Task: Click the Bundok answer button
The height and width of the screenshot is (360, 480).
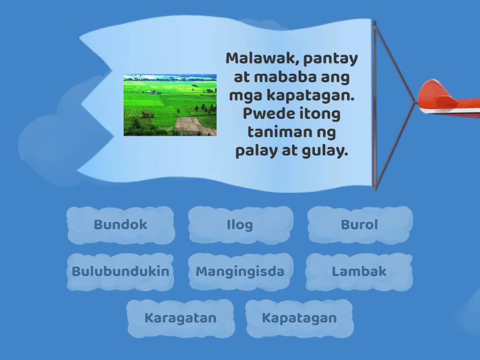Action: (121, 225)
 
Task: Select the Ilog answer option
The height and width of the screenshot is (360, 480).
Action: (241, 225)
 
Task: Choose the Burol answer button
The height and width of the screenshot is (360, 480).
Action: (359, 225)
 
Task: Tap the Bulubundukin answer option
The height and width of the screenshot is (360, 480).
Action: (121, 272)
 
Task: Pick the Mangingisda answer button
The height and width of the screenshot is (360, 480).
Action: (241, 272)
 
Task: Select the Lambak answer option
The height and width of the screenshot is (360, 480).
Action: (359, 272)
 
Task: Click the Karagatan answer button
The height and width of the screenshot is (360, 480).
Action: (181, 319)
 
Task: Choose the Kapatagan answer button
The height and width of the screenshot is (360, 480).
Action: (299, 319)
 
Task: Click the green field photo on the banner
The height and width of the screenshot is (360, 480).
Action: (170, 105)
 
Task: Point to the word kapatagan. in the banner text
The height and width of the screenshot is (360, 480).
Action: (311, 95)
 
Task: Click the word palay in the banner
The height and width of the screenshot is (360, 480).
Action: (256, 151)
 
